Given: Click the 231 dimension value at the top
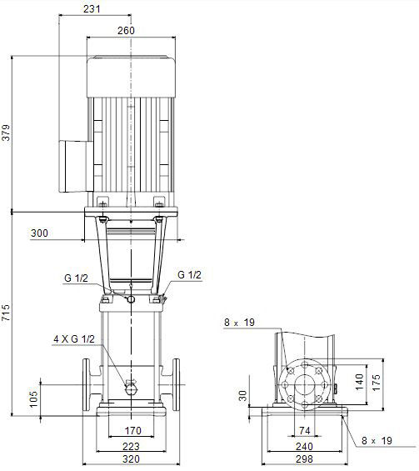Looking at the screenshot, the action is click(x=92, y=8).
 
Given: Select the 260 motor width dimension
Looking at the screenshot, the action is click(x=126, y=30).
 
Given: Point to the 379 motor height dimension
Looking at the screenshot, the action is click(x=6, y=133).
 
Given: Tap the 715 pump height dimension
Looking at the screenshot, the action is click(x=6, y=313).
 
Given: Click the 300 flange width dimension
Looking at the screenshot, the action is click(x=39, y=233).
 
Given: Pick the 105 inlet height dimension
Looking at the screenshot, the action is click(x=33, y=399).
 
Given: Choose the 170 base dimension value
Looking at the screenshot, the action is click(x=133, y=430).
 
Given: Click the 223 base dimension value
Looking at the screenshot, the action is click(x=131, y=446).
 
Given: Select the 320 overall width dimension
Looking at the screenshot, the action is click(x=131, y=459).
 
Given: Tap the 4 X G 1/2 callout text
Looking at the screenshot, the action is click(x=74, y=339).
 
